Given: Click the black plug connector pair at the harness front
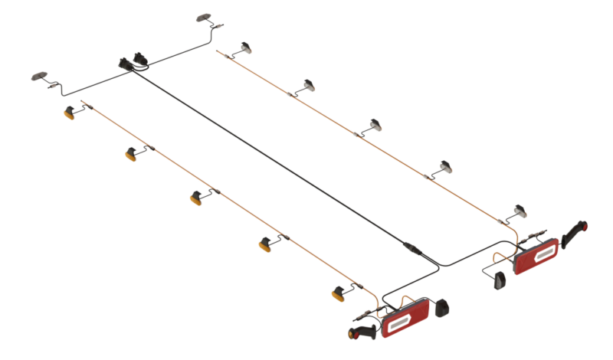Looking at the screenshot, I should coord(133,63).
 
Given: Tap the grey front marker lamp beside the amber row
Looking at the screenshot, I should coord(38,76).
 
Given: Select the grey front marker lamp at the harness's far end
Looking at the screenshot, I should coord(205,17).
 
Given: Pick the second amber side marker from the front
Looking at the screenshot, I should coord(131,154).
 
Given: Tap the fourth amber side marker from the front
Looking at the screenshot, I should coord(266,244).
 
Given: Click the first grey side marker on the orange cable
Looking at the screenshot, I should coord(247,49).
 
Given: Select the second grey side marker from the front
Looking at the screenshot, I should coord(308,84).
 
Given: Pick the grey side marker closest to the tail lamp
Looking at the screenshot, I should coord(520,209).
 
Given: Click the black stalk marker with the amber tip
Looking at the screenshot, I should coord(365,334).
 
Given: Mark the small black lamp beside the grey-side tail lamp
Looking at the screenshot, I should coord(499,280).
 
